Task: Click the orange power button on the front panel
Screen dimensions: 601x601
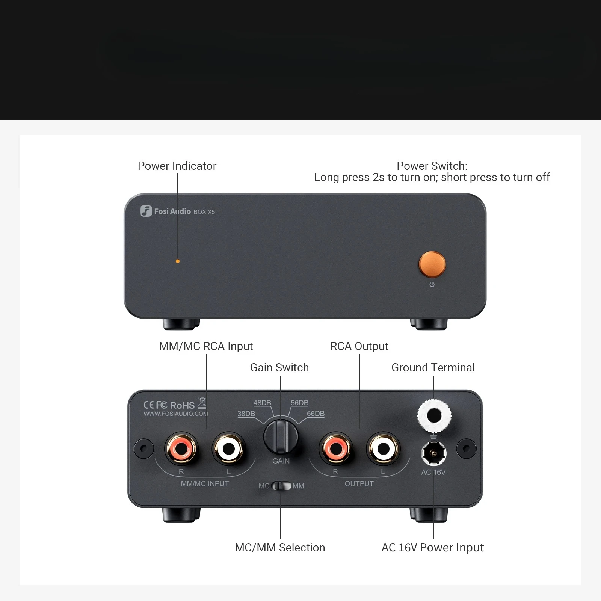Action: tap(432, 264)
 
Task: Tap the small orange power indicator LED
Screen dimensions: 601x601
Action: tap(178, 261)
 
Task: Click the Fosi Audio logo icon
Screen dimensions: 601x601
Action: tap(146, 211)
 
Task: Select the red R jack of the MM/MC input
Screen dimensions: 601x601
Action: tap(181, 448)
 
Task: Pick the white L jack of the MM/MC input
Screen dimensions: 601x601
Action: tap(228, 448)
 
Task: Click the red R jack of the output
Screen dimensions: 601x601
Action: tap(335, 448)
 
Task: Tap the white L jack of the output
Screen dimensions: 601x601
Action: tap(383, 448)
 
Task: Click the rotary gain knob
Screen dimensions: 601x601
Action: tap(281, 437)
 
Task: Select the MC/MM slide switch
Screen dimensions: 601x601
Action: tap(281, 486)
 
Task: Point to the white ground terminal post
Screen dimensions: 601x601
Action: tap(434, 416)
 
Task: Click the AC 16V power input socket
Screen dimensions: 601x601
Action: tap(434, 453)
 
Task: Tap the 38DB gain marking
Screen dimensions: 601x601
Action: tap(246, 414)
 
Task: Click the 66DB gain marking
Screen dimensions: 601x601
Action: tap(316, 414)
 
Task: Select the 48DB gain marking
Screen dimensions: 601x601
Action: tap(262, 403)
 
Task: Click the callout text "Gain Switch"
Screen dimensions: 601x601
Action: tap(279, 368)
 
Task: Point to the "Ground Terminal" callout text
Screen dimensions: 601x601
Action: tap(433, 368)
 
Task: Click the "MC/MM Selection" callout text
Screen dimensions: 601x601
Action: tap(280, 548)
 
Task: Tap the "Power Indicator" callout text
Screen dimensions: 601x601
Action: tap(177, 166)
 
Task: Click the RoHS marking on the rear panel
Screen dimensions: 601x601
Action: tap(182, 405)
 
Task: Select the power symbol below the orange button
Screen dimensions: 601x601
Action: tap(432, 285)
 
